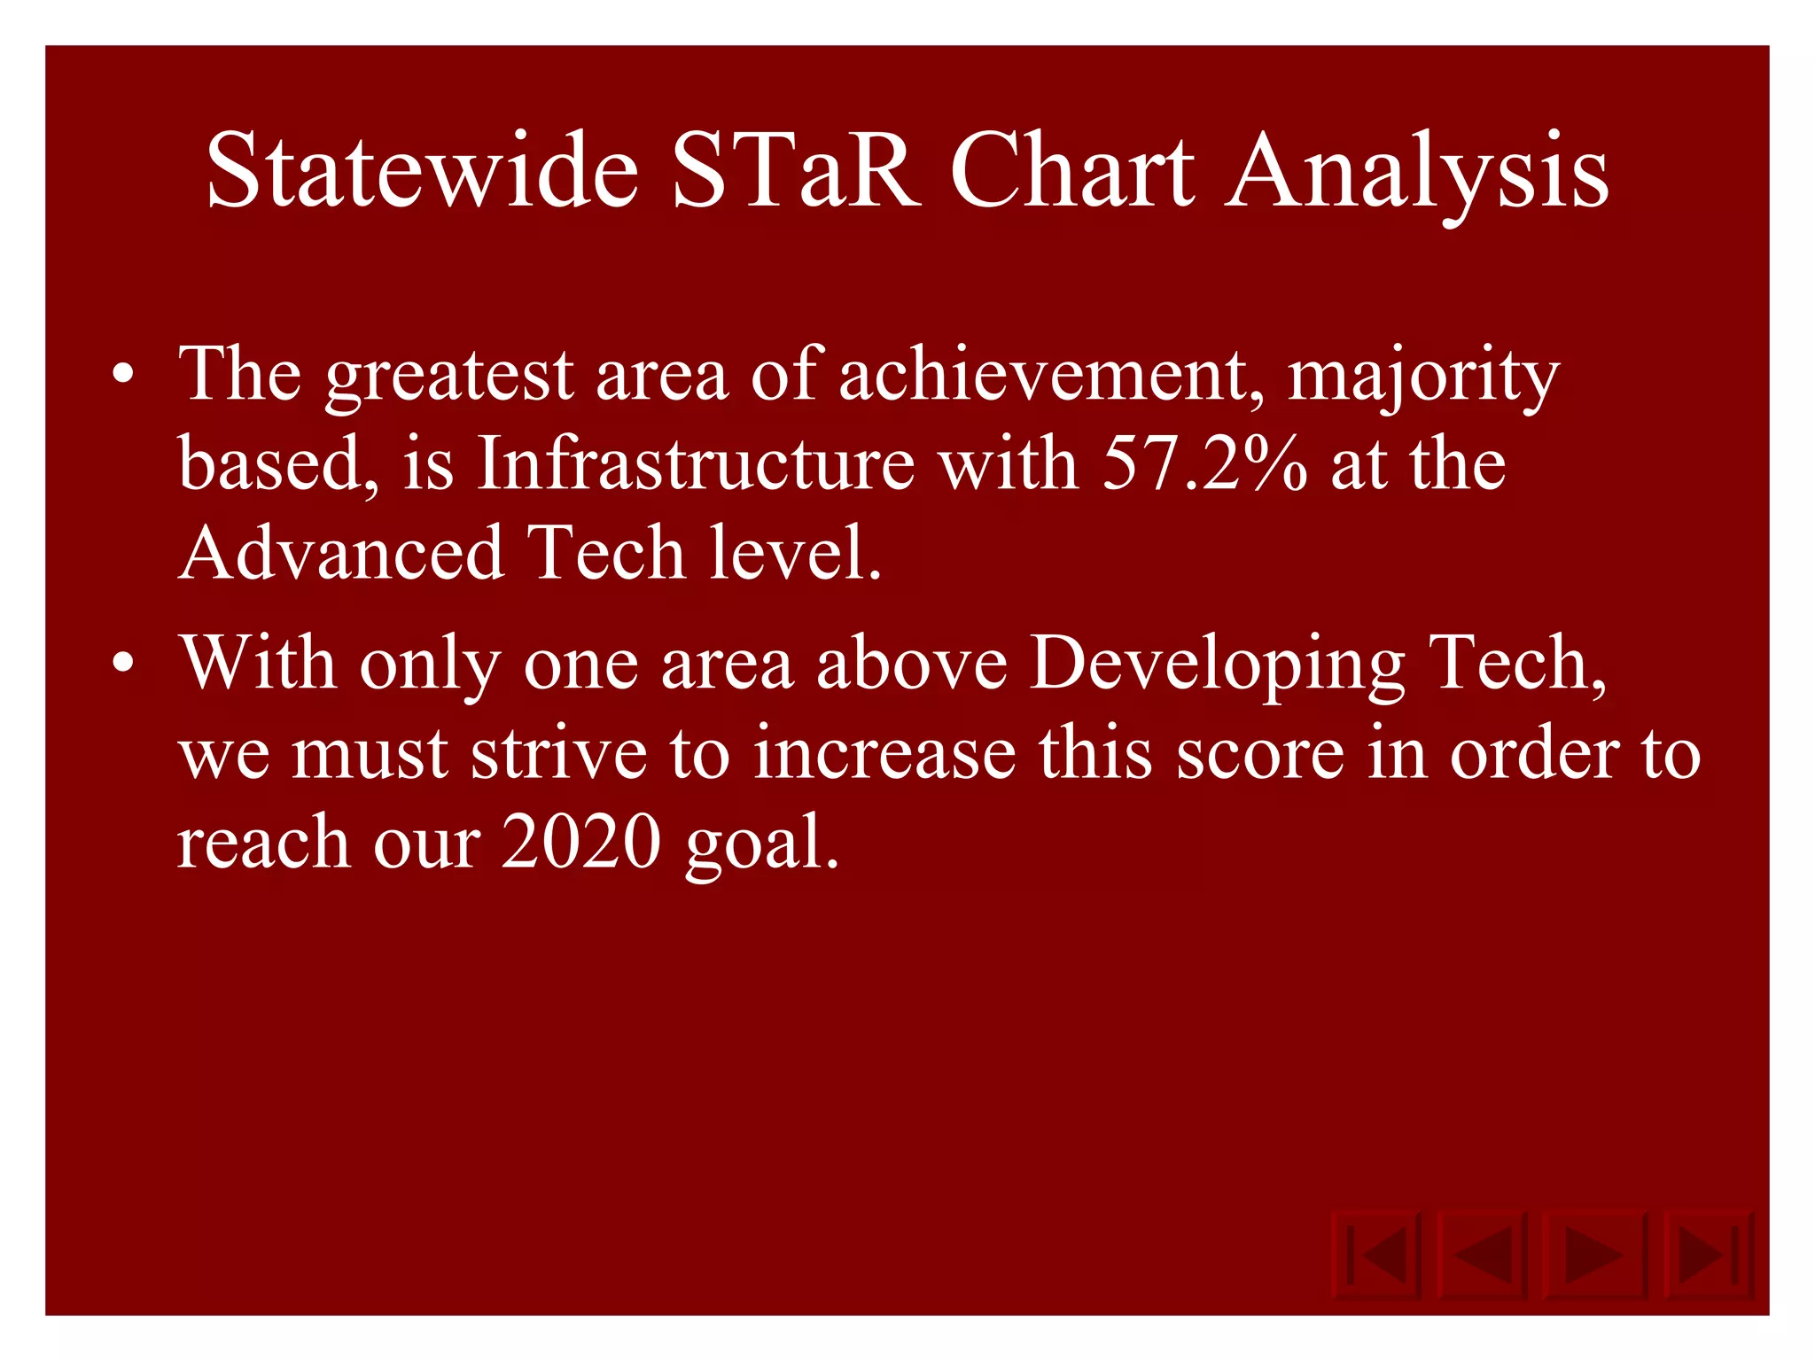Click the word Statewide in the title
click(x=422, y=170)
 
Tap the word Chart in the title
click(x=1072, y=170)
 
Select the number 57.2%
click(x=1204, y=463)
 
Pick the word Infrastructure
click(x=696, y=463)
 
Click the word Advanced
click(x=341, y=552)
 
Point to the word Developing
click(x=1218, y=665)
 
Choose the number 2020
click(x=581, y=841)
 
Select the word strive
click(x=558, y=753)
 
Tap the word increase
click(x=884, y=753)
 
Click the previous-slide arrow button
click(x=1483, y=1255)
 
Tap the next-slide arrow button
click(x=1593, y=1255)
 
